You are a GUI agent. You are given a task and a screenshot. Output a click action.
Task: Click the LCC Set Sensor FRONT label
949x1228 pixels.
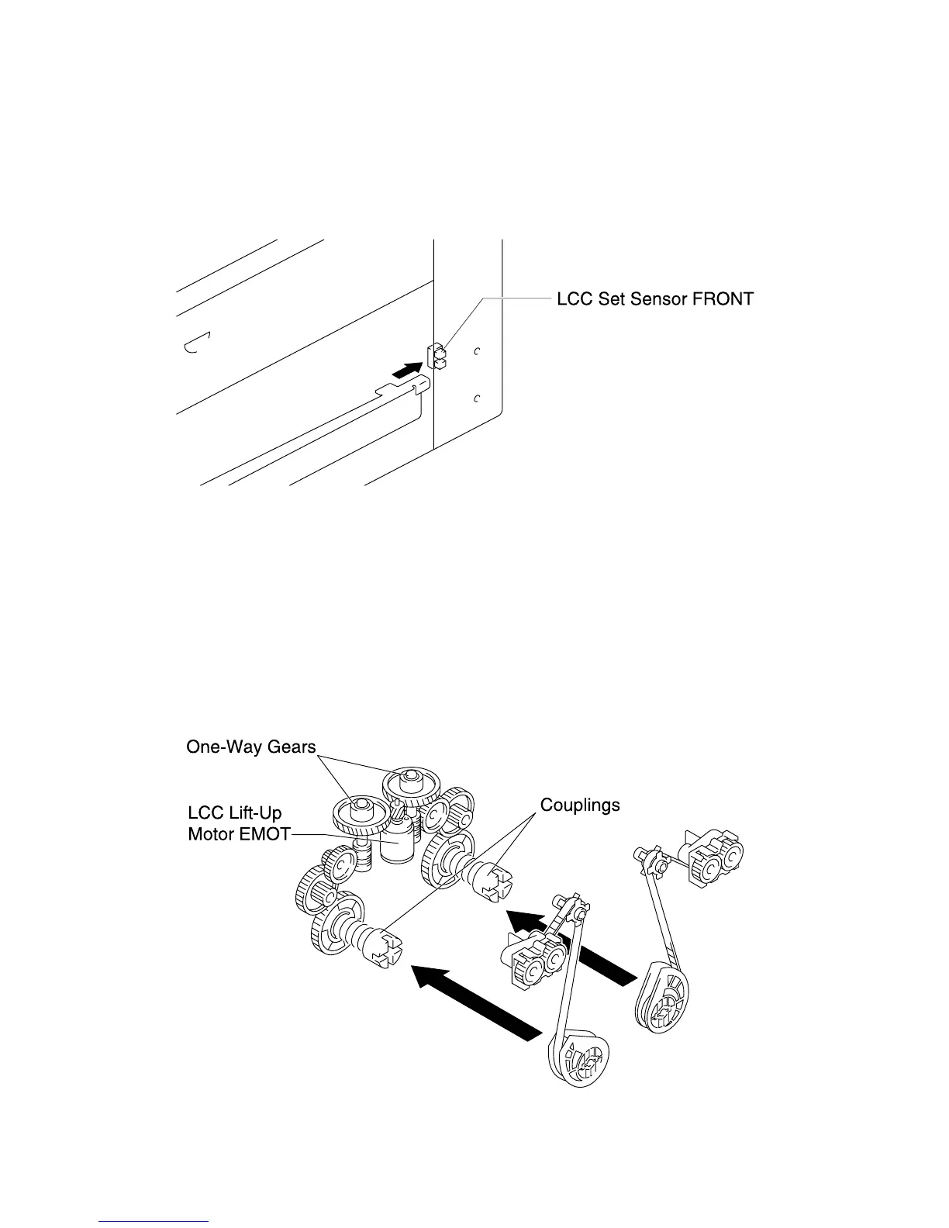point(654,298)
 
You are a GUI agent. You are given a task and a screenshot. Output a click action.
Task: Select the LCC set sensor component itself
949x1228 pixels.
point(437,356)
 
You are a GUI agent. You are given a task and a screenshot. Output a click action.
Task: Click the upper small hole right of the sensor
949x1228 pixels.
point(478,351)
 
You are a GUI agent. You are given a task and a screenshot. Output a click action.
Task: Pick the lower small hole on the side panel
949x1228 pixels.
point(478,398)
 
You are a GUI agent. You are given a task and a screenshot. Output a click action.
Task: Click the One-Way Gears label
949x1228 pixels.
point(251,747)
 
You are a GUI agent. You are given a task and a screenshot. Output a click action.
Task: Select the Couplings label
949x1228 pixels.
point(580,805)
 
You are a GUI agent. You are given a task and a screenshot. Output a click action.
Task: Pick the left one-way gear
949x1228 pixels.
point(360,811)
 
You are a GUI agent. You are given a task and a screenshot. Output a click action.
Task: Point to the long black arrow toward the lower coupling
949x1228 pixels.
point(473,1001)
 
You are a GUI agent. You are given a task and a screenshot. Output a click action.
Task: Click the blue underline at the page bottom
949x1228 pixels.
point(154,1221)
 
